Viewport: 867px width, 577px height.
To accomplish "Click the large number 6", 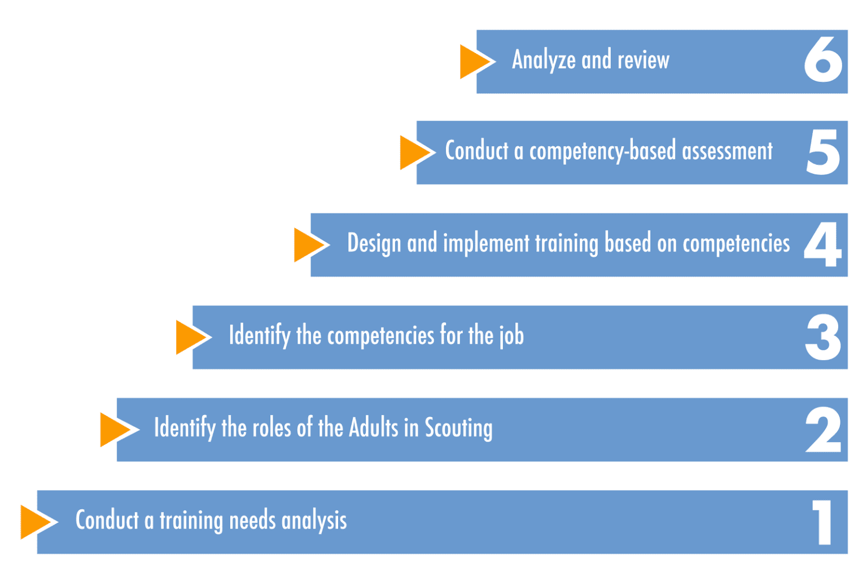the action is (823, 59).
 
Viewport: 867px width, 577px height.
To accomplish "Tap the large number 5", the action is (824, 152).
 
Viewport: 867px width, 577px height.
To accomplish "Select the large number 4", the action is (822, 244).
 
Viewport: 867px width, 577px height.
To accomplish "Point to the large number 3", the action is (823, 337).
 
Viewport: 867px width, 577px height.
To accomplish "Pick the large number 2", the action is (824, 430).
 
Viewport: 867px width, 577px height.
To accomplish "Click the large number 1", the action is (822, 522).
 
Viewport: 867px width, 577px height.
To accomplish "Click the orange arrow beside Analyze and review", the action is (475, 62).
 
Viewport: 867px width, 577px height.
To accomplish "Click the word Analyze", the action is (544, 60).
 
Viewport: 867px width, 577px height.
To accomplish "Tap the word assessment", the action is (727, 151).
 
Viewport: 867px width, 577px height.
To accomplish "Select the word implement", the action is (486, 244).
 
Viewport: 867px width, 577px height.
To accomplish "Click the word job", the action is (511, 335).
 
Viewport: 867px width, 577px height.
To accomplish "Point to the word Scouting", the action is (459, 429).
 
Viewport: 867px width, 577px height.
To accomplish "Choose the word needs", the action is (252, 521).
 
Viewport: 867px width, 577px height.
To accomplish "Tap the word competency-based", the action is (603, 151).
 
